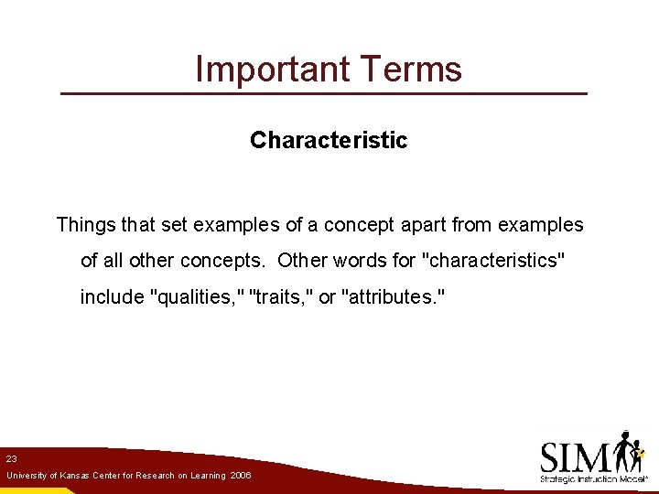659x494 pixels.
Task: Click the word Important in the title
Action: pos(266,70)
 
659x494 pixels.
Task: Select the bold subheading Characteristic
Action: pos(329,140)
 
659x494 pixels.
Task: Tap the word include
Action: pos(112,297)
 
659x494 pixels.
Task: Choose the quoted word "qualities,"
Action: pos(196,297)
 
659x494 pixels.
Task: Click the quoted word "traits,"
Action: pos(281,297)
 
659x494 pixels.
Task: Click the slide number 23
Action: pos(11,458)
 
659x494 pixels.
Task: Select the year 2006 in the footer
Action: pos(241,477)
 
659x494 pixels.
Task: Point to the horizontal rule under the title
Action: pos(323,94)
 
